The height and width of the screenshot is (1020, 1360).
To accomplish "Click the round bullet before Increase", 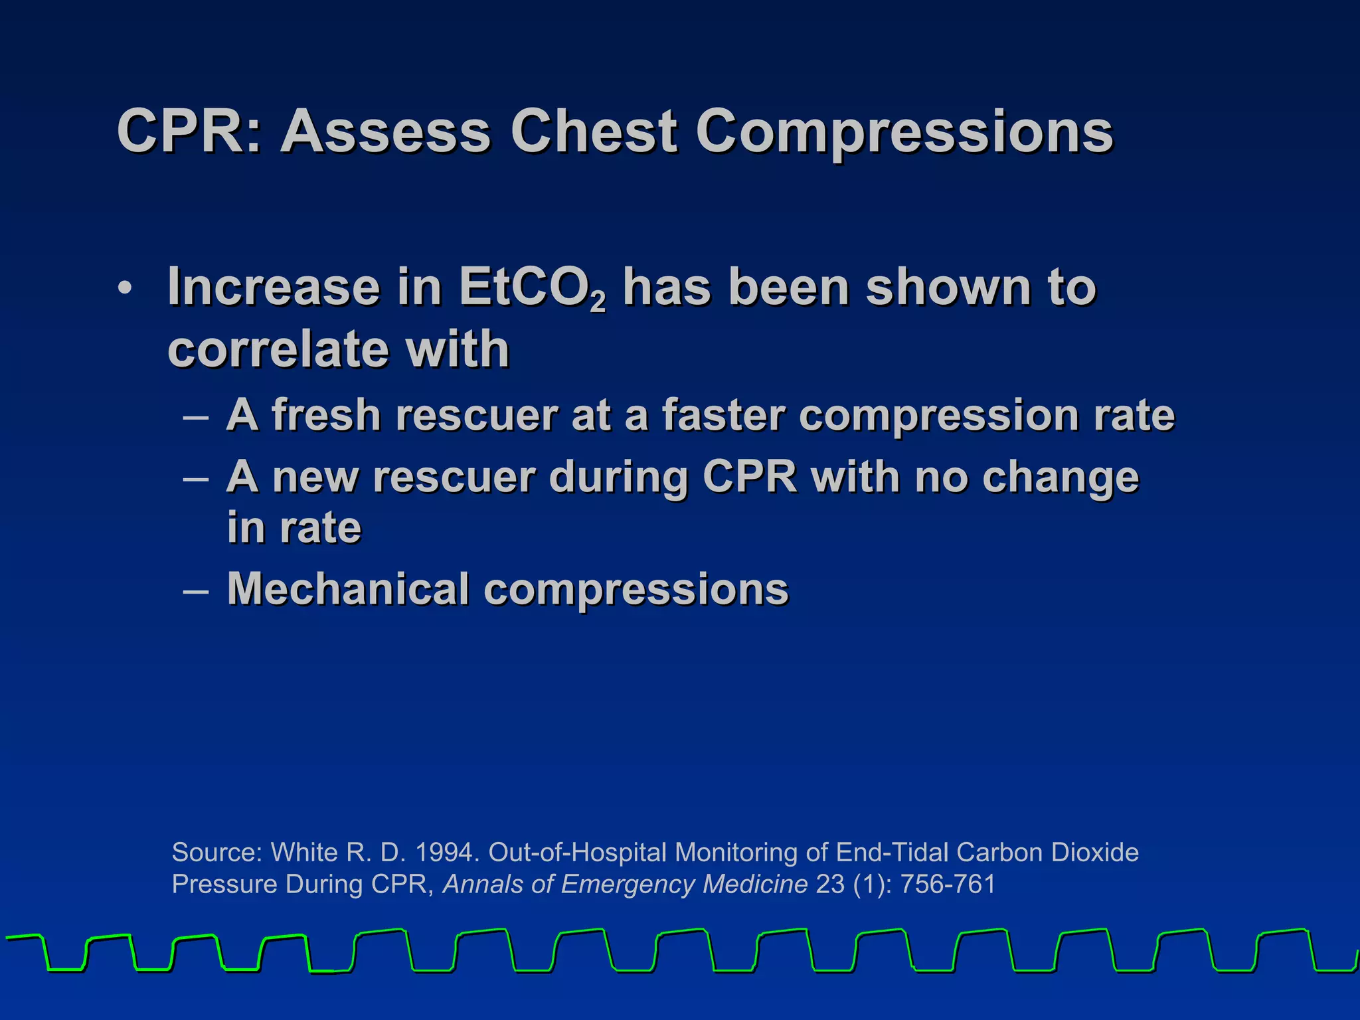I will coord(125,290).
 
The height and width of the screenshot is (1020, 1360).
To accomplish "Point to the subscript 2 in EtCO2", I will coord(598,303).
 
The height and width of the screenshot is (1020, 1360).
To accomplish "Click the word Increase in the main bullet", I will coord(273,287).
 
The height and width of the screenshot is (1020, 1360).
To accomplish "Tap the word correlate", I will coord(276,349).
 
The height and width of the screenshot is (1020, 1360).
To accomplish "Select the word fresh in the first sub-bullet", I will coord(325,415).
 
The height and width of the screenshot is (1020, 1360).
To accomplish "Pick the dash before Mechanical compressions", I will coord(196,590).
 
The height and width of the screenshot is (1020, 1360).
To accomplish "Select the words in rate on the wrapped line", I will coord(294,528).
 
